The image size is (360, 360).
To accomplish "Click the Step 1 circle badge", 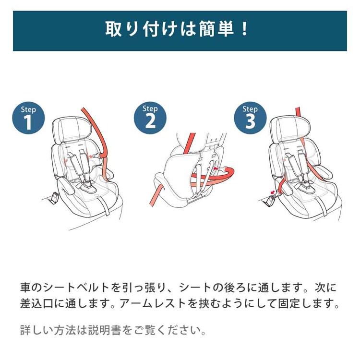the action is (x=28, y=118).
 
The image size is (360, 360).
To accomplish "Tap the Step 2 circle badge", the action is (x=150, y=118).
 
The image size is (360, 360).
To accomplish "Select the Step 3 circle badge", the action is (x=250, y=118).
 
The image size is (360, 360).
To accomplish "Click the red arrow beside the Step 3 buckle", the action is (x=273, y=191).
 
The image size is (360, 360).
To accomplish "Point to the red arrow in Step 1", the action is (x=91, y=156).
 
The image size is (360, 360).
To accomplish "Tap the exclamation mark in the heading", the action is (x=244, y=29).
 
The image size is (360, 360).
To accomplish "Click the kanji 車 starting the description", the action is (x=25, y=288).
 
